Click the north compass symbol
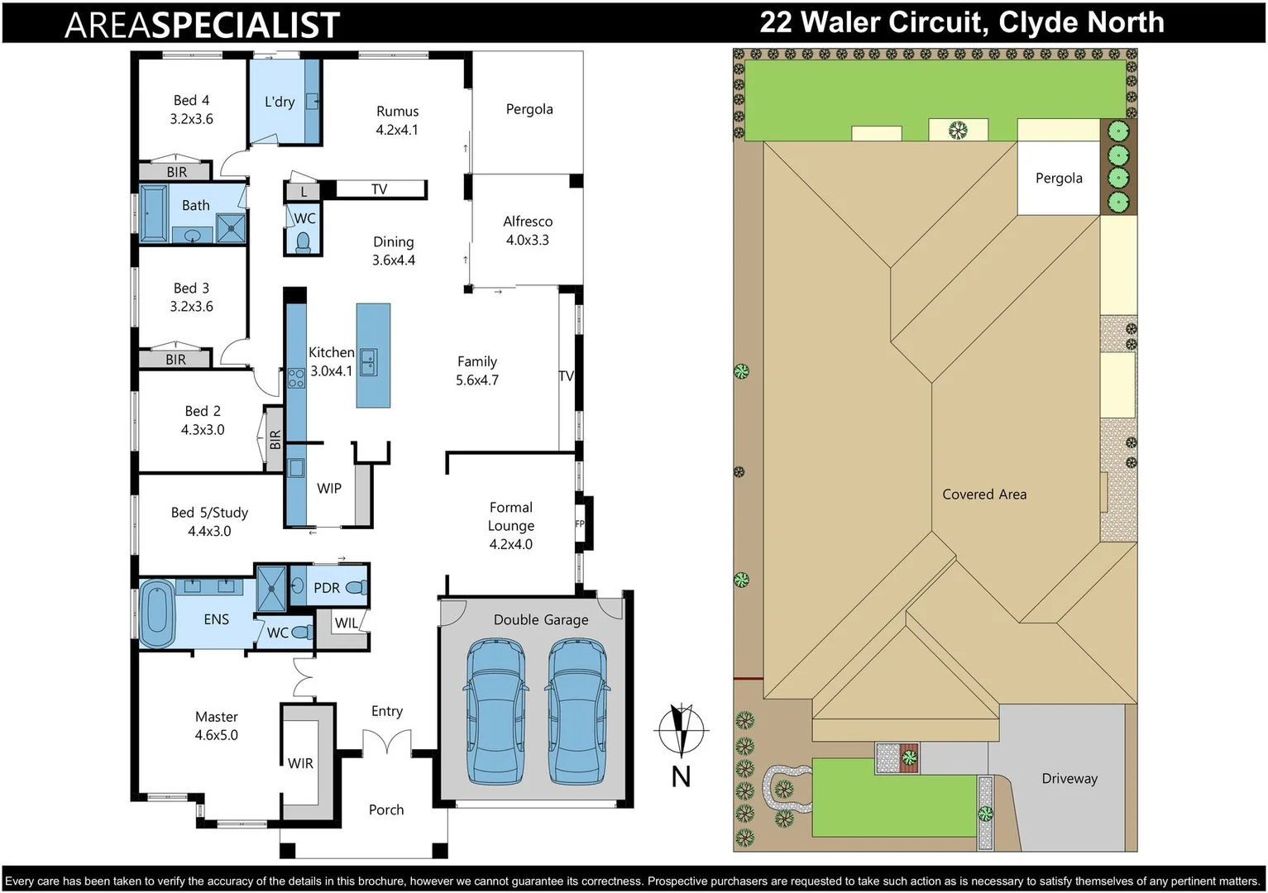(x=681, y=730)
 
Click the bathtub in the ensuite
(x=156, y=614)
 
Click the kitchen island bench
(x=373, y=356)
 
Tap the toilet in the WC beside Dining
(x=303, y=241)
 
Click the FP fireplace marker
(x=580, y=523)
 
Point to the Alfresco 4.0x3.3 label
(x=528, y=231)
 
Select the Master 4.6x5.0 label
(x=216, y=725)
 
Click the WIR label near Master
(x=300, y=763)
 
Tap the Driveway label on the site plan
(x=1069, y=778)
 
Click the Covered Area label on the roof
(x=984, y=494)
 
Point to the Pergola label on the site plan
(x=1059, y=178)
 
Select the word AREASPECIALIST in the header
(x=202, y=25)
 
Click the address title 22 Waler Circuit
(x=961, y=22)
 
